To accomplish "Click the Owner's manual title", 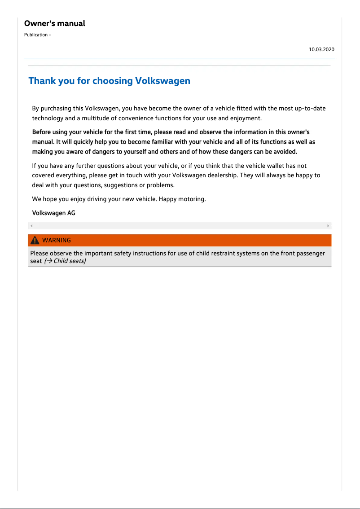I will click(x=54, y=23).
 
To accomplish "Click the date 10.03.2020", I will click(x=321, y=49).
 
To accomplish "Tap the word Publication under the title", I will click(x=35, y=35).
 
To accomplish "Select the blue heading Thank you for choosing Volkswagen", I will click(x=109, y=81).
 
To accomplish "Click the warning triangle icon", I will click(x=35, y=240).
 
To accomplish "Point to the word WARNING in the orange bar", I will click(x=57, y=240).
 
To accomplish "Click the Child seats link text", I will click(x=69, y=261).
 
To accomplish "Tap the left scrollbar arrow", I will click(x=31, y=226).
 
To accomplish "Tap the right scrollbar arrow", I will click(x=328, y=226).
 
